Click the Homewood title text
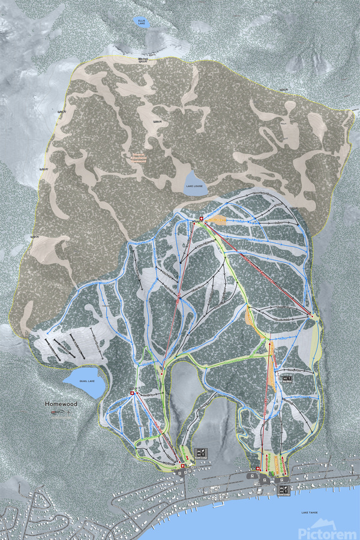(x=61, y=404)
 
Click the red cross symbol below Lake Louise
(x=202, y=219)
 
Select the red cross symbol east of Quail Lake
(x=133, y=394)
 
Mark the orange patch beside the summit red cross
(x=218, y=221)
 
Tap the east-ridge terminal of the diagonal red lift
(x=313, y=316)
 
